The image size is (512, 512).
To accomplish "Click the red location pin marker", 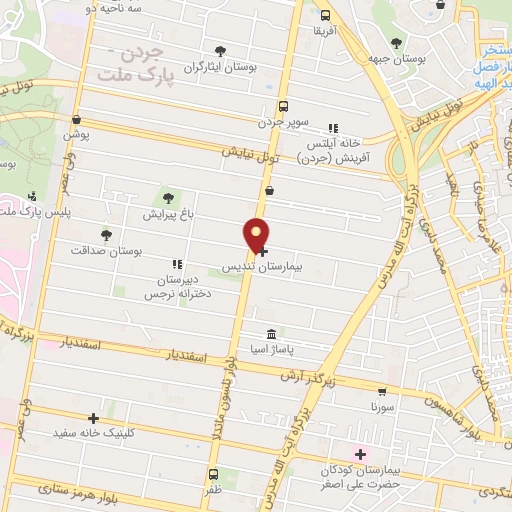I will [257, 235].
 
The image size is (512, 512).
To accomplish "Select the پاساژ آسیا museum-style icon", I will [271, 334].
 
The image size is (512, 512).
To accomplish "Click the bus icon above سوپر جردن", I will [283, 105].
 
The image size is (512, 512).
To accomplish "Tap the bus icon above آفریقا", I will [325, 15].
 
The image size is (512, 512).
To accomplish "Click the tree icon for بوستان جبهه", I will [397, 43].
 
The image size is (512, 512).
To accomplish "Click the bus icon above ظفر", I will [212, 474].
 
